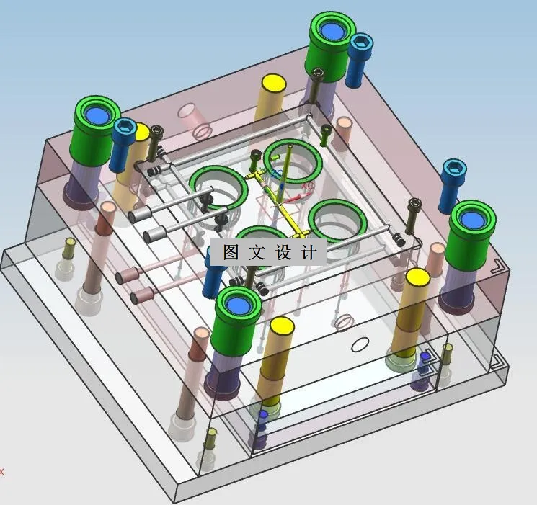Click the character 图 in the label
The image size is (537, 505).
pos(231,252)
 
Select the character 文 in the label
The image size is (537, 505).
pos(257,252)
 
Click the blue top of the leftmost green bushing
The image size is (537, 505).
pos(96,115)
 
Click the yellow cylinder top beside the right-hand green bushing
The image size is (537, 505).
pos(417,277)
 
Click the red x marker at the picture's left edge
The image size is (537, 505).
pos(2,472)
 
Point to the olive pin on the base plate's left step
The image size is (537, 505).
pos(68,249)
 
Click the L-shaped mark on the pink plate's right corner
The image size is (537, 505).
pos(497,266)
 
